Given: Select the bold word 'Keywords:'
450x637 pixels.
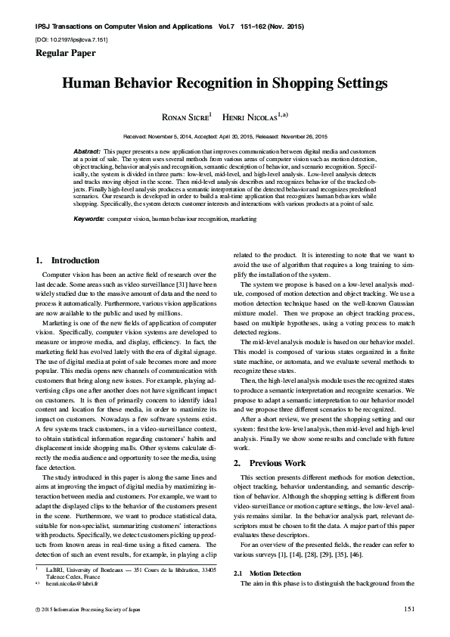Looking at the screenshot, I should [x=89, y=219].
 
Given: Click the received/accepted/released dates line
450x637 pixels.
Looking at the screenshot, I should [x=225, y=136].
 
